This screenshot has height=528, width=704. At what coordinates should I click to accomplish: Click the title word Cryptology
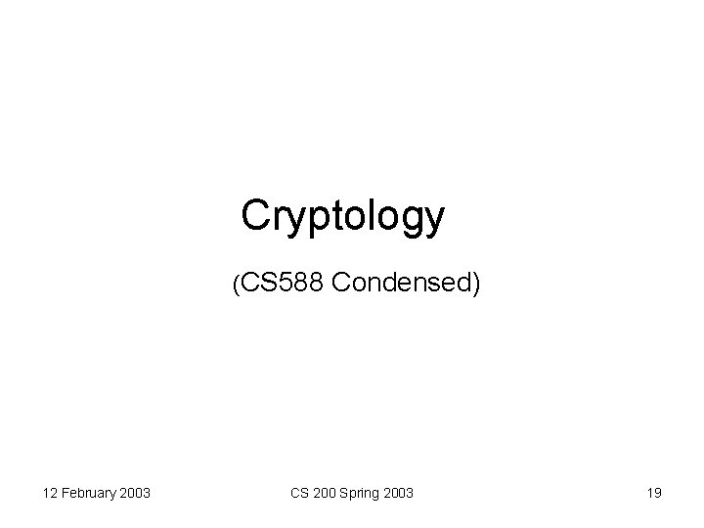click(342, 217)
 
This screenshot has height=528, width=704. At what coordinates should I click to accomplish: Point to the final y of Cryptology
click(432, 221)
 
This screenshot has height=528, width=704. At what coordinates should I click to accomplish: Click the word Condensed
click(401, 284)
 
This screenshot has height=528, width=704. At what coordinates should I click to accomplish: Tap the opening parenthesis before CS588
click(235, 285)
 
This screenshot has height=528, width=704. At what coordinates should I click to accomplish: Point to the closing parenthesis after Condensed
click(476, 285)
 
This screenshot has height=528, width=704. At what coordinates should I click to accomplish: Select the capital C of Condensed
click(341, 284)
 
